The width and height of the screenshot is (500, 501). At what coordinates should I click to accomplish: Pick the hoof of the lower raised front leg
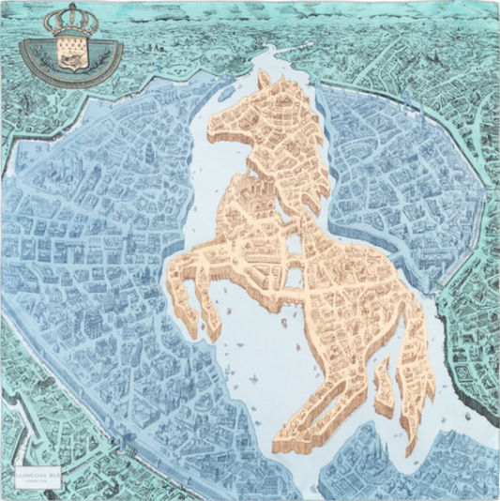pyautogui.click(x=212, y=333)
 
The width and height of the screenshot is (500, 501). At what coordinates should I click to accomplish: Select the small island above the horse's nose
pyautogui.click(x=225, y=94)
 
